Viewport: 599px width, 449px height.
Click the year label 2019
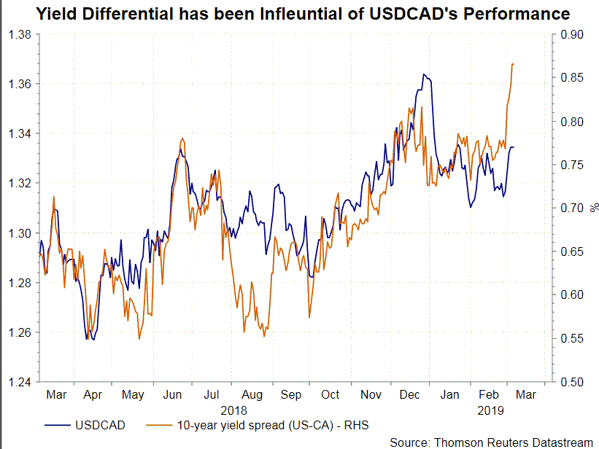492,410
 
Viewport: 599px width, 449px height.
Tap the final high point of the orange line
514,64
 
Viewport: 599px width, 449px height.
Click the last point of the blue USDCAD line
514,147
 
